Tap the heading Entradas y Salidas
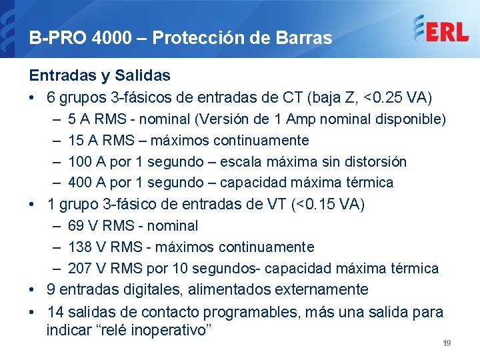click(x=99, y=76)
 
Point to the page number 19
click(x=447, y=343)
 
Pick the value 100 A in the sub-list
click(x=90, y=162)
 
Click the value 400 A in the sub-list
click(x=90, y=183)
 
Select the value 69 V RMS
click(x=102, y=226)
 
